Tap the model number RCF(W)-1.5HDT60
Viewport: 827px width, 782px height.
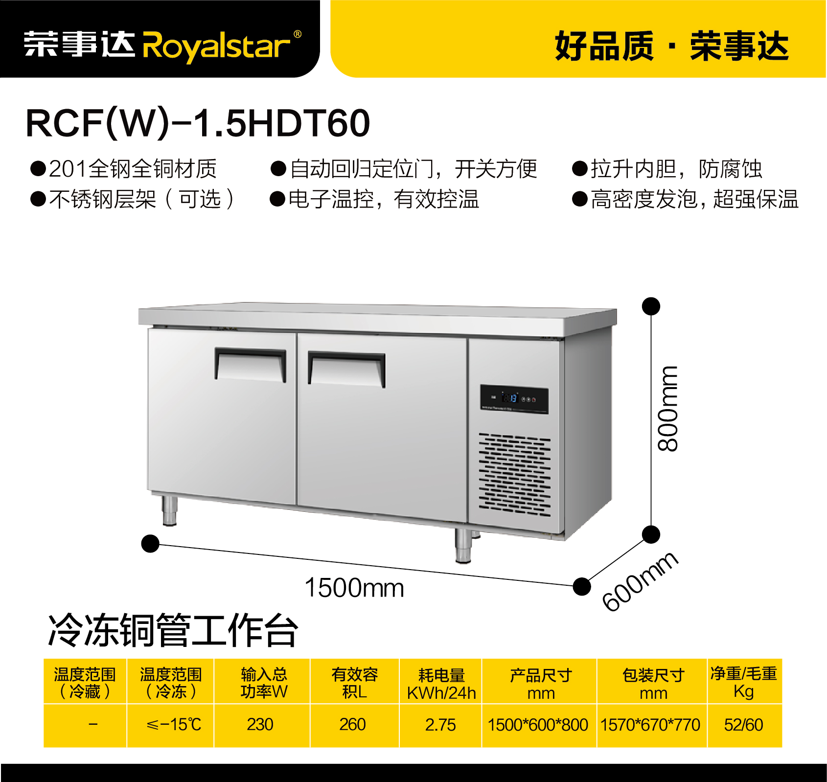(x=198, y=123)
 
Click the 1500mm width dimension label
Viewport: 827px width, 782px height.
(x=354, y=588)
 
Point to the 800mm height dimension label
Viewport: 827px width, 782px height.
(x=667, y=409)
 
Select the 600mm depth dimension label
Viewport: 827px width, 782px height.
(x=640, y=581)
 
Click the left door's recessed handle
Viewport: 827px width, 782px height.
(x=251, y=364)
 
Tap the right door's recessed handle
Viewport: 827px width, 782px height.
(x=346, y=369)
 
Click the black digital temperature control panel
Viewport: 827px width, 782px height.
(x=514, y=399)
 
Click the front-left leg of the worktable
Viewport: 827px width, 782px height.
(x=169, y=511)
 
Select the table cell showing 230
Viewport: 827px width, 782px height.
(x=260, y=724)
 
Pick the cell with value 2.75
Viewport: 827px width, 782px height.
(x=440, y=724)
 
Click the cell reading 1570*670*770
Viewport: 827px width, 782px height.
(x=651, y=724)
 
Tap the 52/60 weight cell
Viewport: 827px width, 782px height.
(x=744, y=724)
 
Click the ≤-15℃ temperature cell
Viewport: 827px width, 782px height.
(x=174, y=724)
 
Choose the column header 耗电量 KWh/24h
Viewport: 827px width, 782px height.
(x=441, y=684)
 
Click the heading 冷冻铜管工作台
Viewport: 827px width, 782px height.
(x=173, y=630)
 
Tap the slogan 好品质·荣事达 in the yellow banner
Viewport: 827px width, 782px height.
(x=671, y=46)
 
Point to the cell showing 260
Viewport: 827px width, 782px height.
(x=352, y=724)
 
